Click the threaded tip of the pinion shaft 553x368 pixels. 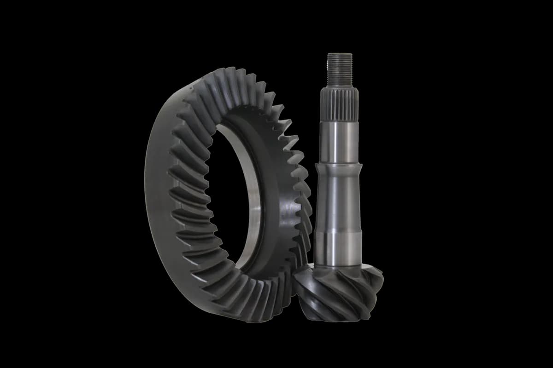340,69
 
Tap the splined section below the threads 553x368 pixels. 340,104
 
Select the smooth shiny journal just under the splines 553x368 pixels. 340,140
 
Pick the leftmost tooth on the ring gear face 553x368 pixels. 177,193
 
